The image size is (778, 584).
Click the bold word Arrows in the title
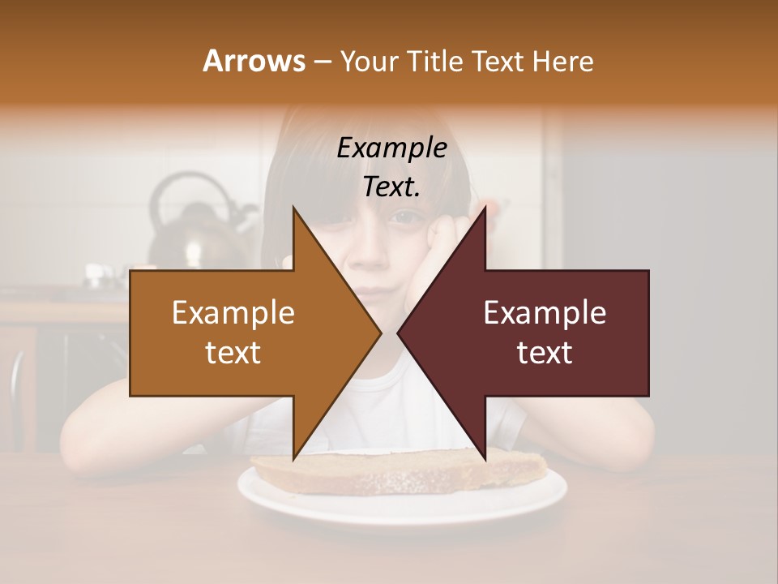pos(254,61)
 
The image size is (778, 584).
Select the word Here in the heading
pos(562,61)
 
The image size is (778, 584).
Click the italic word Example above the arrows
pos(392,148)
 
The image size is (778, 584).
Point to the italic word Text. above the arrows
pos(392,187)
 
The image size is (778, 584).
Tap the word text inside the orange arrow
pos(233,353)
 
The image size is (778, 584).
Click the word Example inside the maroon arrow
pos(545,313)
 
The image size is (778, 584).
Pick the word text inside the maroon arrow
pos(545,353)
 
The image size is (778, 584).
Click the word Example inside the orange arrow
pos(233,313)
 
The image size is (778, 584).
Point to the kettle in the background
pos(190,223)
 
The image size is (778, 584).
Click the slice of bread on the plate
pos(397,470)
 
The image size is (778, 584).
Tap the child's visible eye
pos(404,217)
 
